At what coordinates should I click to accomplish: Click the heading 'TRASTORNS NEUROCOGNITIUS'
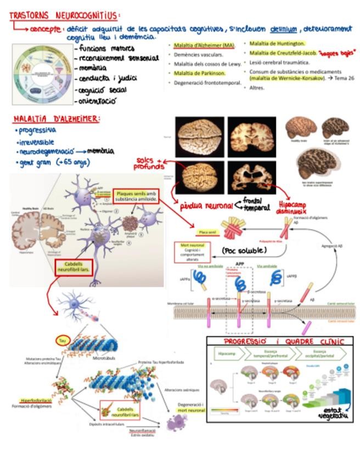(65, 16)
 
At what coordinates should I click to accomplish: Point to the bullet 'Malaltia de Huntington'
(277, 43)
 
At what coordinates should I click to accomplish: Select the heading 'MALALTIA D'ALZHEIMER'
(57, 118)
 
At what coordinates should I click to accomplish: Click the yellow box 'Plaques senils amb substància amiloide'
(136, 196)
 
